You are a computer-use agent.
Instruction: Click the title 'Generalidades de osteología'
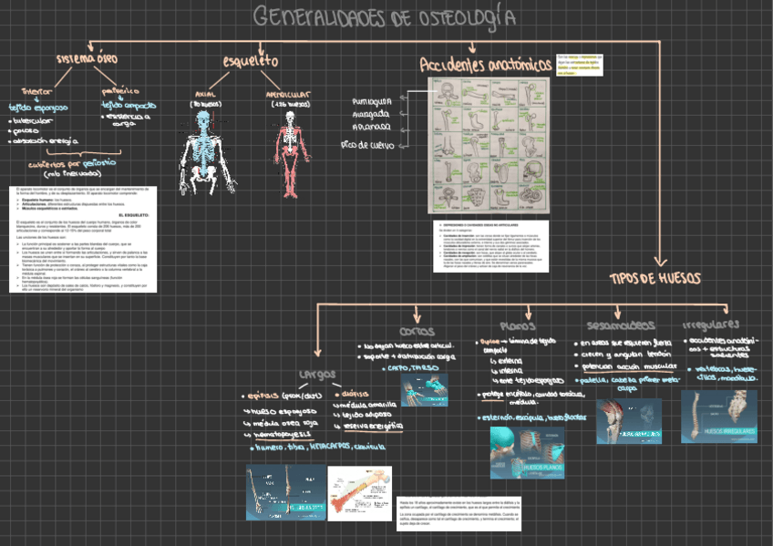pyautogui.click(x=382, y=18)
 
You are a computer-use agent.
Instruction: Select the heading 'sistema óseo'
pyautogui.click(x=87, y=59)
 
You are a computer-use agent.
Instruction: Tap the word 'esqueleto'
pyautogui.click(x=250, y=61)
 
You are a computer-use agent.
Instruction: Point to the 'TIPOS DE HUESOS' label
pyautogui.click(x=654, y=276)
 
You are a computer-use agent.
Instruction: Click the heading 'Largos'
pyautogui.click(x=316, y=374)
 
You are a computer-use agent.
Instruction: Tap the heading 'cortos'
pyautogui.click(x=417, y=331)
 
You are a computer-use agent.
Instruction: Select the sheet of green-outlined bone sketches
pyautogui.click(x=490, y=146)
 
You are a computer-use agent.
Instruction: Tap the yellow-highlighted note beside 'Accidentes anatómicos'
pyautogui.click(x=582, y=66)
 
